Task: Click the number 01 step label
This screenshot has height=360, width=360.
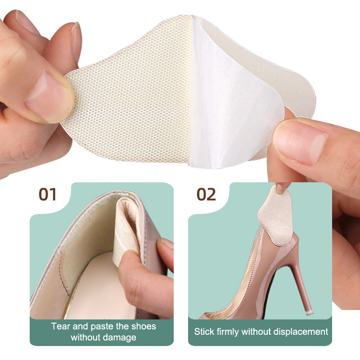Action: coord(47,194)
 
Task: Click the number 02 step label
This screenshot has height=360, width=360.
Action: coord(206,194)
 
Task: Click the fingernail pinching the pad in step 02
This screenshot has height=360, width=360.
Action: coord(279,188)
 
